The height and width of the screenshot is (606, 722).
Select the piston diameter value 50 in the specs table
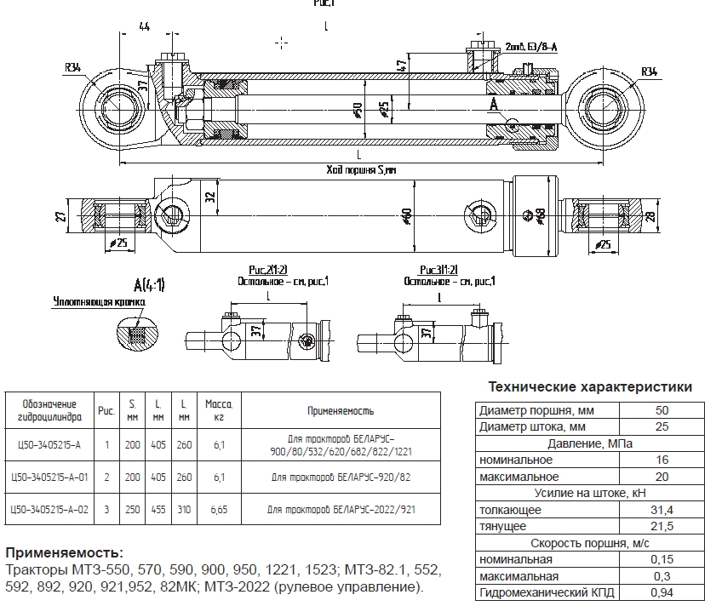[662, 410]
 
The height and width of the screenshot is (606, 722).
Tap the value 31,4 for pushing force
[662, 510]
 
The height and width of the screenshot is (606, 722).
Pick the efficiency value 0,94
[662, 592]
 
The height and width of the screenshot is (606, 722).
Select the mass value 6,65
[219, 508]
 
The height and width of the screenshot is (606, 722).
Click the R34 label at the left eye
[74, 67]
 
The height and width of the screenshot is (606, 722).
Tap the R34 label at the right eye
[650, 70]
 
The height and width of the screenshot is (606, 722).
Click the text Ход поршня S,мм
[362, 170]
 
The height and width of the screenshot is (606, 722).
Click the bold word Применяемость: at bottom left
[65, 552]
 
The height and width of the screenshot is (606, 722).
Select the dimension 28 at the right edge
[674, 217]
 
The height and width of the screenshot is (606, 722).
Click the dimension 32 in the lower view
[209, 195]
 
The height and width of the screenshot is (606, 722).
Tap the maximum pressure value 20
[662, 477]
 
